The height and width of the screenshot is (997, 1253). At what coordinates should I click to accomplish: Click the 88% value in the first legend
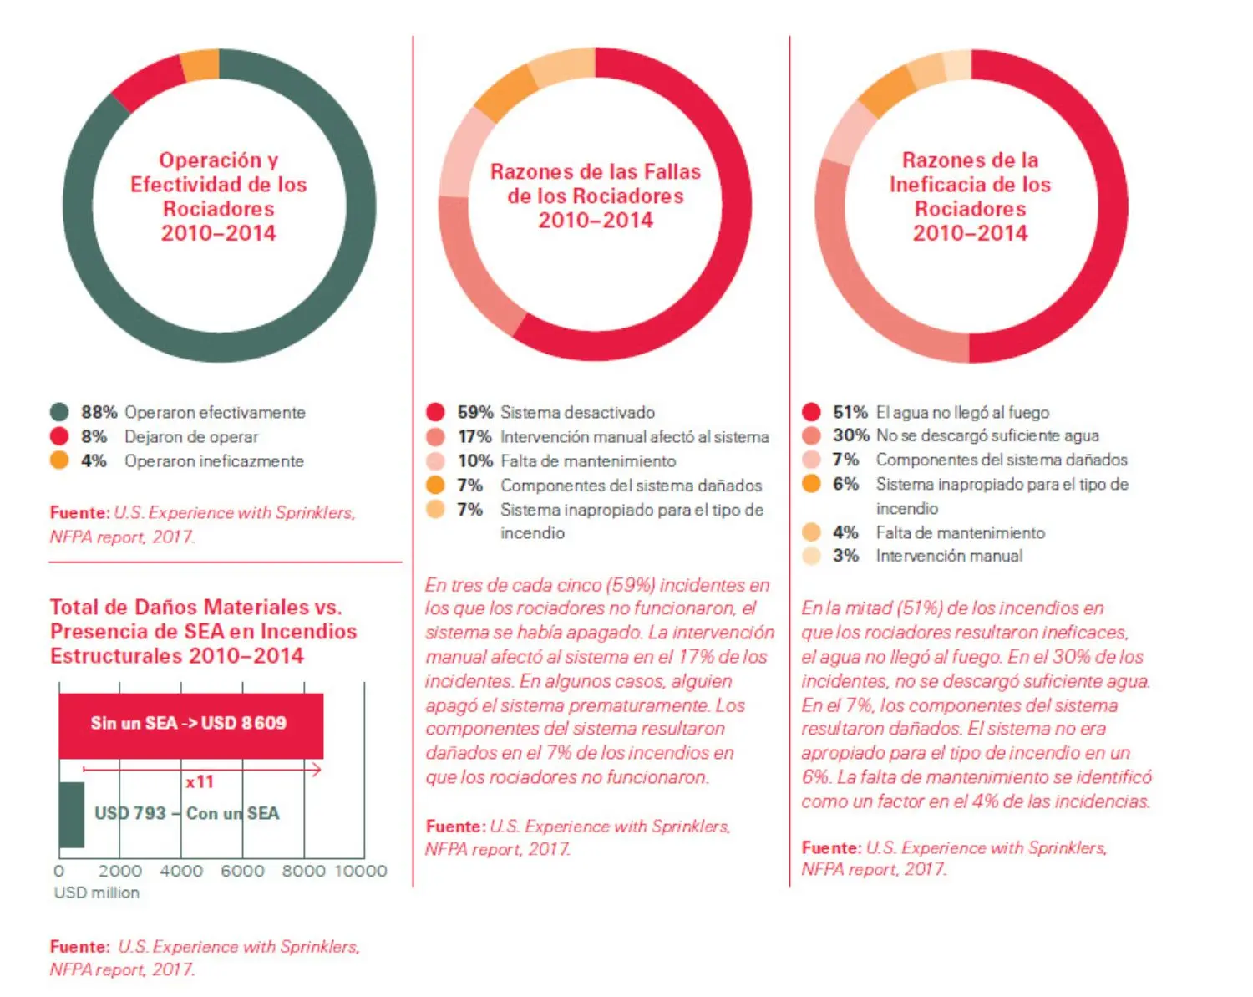click(99, 412)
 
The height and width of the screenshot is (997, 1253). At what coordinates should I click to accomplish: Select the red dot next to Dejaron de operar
click(59, 436)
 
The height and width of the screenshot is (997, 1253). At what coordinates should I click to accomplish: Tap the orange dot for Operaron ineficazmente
click(59, 460)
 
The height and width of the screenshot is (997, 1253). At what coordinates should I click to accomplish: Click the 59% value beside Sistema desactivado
click(474, 412)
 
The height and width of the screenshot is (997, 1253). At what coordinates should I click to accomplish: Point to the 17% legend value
click(474, 436)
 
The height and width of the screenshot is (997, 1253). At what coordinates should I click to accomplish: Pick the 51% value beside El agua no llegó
click(850, 412)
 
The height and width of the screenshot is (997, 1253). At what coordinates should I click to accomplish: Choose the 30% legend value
click(850, 435)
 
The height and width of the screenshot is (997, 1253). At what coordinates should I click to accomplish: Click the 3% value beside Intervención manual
click(845, 556)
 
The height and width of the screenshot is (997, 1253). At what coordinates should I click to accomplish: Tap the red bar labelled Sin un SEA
click(190, 725)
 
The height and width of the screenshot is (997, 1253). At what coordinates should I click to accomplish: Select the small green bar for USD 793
click(72, 814)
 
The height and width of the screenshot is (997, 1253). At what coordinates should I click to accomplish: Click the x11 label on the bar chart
click(200, 782)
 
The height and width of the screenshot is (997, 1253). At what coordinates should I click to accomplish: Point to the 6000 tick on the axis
click(242, 871)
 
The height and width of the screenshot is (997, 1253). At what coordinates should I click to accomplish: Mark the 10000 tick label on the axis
click(361, 871)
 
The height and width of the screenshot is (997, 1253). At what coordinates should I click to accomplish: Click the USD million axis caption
click(97, 893)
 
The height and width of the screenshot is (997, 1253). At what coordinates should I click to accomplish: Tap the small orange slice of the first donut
click(201, 66)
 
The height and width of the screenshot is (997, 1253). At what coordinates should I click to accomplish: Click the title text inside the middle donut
click(595, 196)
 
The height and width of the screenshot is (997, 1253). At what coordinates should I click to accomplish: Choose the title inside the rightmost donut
click(970, 196)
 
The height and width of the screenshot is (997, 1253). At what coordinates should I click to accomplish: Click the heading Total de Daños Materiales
click(203, 631)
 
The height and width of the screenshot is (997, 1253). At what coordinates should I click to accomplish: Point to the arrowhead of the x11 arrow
click(317, 769)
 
